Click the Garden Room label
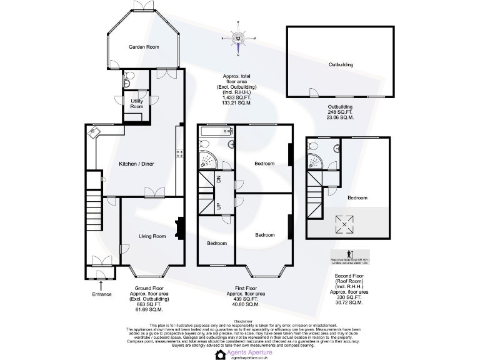tap(144, 47)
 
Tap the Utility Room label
tap(136, 104)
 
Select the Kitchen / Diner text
tap(136, 164)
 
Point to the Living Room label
tap(152, 236)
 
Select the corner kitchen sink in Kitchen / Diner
tap(95, 132)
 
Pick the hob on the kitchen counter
tap(179, 153)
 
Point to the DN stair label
tap(218, 179)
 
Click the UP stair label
tap(218, 205)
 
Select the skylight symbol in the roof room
tap(344, 222)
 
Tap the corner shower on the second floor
tap(314, 159)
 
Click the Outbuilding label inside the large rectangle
tap(341, 64)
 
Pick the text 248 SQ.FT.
tap(341, 112)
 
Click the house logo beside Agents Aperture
tap(220, 354)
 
